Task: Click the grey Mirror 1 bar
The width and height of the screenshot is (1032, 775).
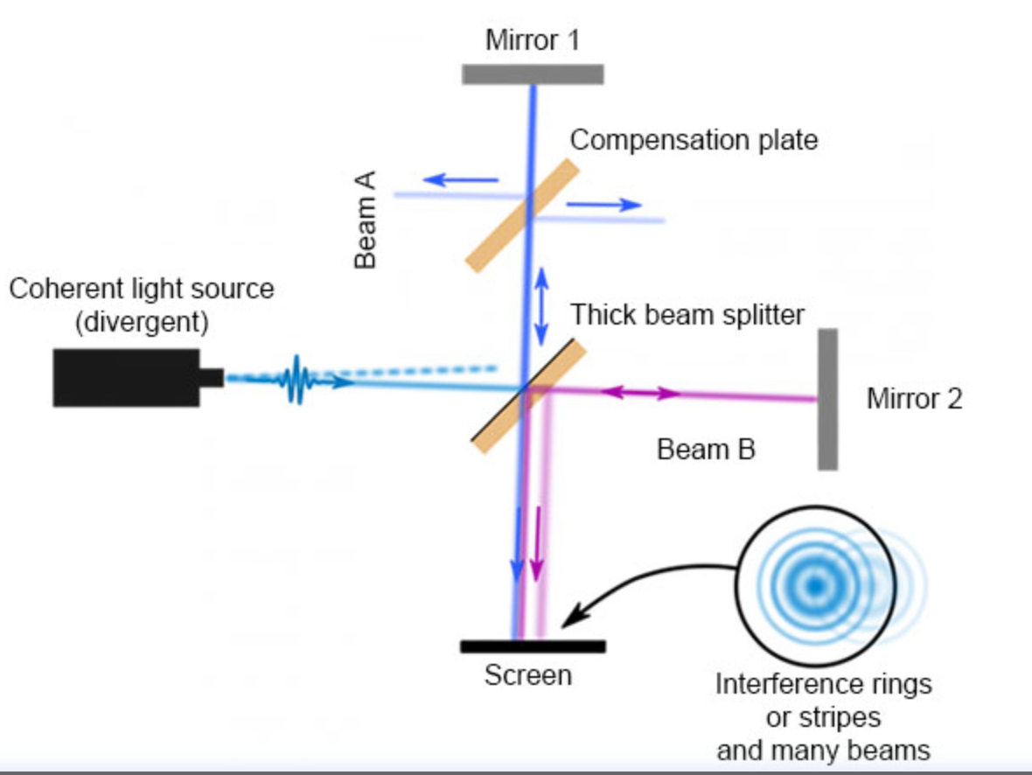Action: coord(533,74)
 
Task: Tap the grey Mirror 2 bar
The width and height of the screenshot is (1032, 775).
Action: coord(827,399)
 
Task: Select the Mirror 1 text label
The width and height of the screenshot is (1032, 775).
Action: coord(533,40)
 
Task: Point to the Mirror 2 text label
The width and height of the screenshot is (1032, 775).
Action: coord(914,399)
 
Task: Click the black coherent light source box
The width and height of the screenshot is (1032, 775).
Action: coord(126,378)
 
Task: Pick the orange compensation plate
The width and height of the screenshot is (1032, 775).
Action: coord(522,215)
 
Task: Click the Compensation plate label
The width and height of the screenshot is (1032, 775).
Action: coord(694,140)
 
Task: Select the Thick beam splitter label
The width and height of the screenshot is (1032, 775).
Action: coord(687,314)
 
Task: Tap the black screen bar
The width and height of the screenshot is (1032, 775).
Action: coord(533,646)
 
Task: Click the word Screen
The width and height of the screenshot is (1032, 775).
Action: coord(528,675)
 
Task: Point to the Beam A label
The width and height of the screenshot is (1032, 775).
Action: coord(366,220)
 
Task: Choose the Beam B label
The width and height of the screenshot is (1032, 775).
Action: coord(706,450)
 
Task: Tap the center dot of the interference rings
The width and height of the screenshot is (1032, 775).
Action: coord(815,583)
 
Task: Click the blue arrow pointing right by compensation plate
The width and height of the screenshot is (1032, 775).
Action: coord(604,205)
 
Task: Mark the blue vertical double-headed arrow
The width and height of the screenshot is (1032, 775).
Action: coord(543,305)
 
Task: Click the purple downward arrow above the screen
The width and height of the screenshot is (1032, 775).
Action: coord(537,543)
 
